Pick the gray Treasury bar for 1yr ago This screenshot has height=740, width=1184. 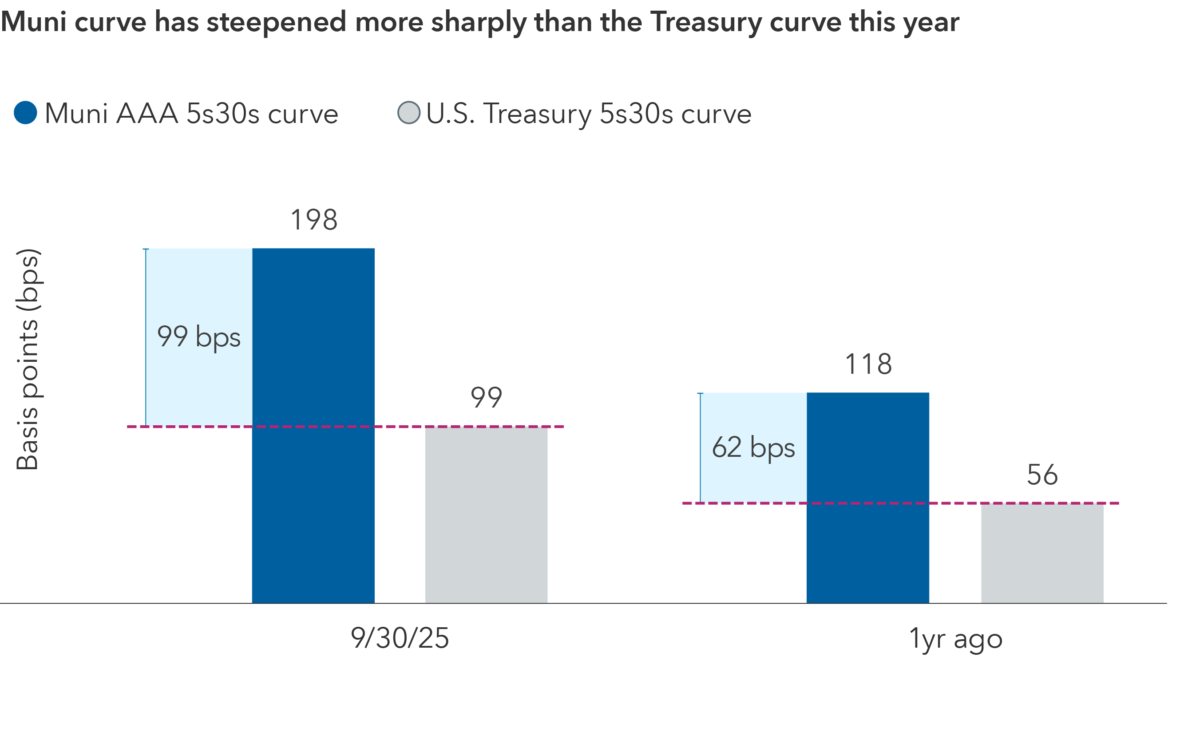click(x=1042, y=553)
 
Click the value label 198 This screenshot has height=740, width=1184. click(x=314, y=220)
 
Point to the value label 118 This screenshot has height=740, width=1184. click(x=868, y=364)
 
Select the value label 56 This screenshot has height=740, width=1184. click(x=1042, y=475)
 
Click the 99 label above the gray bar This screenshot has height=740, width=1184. click(x=486, y=397)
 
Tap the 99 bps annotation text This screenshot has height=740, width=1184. click(x=199, y=337)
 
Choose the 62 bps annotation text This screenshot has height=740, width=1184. click(x=753, y=447)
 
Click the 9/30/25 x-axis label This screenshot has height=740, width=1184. click(x=400, y=638)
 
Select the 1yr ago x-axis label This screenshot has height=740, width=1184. click(x=955, y=638)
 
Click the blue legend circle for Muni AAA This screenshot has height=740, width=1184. click(x=25, y=113)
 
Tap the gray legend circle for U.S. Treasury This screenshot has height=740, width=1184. click(x=409, y=113)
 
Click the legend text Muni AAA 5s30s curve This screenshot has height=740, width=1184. click(x=191, y=114)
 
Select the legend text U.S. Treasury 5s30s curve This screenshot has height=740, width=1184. click(x=588, y=114)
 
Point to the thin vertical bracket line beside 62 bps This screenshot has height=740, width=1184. click(x=700, y=447)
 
